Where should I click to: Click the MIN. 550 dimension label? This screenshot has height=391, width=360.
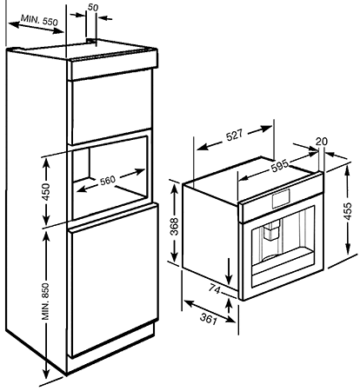(39, 20)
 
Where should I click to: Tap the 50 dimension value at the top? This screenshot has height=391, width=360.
(93, 8)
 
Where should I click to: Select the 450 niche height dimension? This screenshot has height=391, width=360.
(46, 192)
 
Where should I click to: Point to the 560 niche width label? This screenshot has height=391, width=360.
(108, 181)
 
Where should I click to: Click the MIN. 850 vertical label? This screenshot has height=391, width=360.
(45, 302)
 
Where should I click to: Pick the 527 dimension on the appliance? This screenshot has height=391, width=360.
(234, 136)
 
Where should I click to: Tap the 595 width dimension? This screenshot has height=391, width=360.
(280, 165)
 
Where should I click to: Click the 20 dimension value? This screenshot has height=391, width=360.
(322, 142)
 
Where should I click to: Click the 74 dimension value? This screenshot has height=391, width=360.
(215, 289)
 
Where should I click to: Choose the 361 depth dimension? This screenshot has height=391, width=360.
(209, 319)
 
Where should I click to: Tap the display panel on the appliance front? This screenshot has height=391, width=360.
(281, 199)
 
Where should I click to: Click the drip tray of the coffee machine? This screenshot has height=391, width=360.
(283, 261)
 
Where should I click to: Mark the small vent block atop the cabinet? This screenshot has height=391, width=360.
(90, 42)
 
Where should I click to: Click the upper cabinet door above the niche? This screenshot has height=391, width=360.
(111, 106)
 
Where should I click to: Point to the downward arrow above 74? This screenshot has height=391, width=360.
(229, 271)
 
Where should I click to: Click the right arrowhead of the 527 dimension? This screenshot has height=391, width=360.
(266, 129)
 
